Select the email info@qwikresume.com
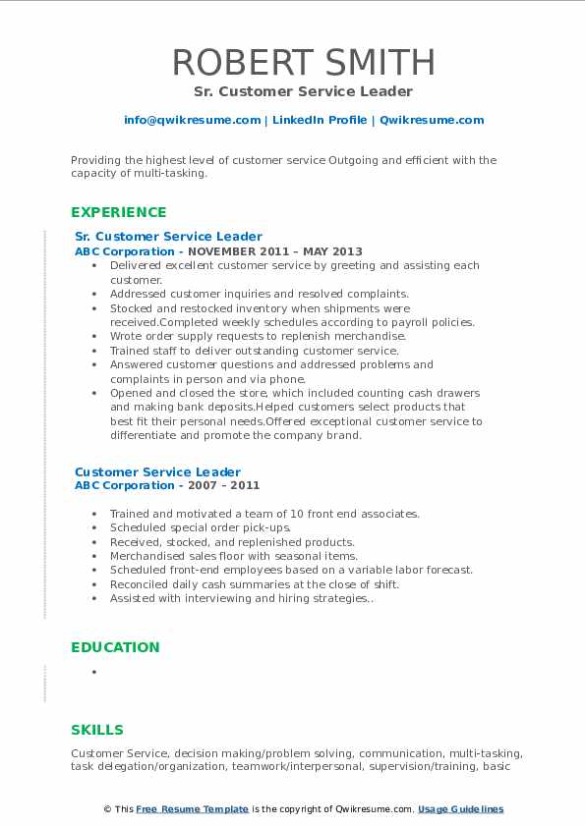coord(192,120)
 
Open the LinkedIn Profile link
coord(319,120)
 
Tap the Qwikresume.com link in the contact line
coord(432,120)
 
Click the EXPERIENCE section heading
coord(119,212)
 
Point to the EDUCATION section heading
coord(115,647)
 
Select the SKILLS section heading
coord(97,730)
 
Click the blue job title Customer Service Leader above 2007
coord(157,472)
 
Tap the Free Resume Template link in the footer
coord(192,809)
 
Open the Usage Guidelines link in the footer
coord(460,809)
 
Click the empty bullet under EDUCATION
coord(93,672)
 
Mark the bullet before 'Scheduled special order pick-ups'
coord(93,527)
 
